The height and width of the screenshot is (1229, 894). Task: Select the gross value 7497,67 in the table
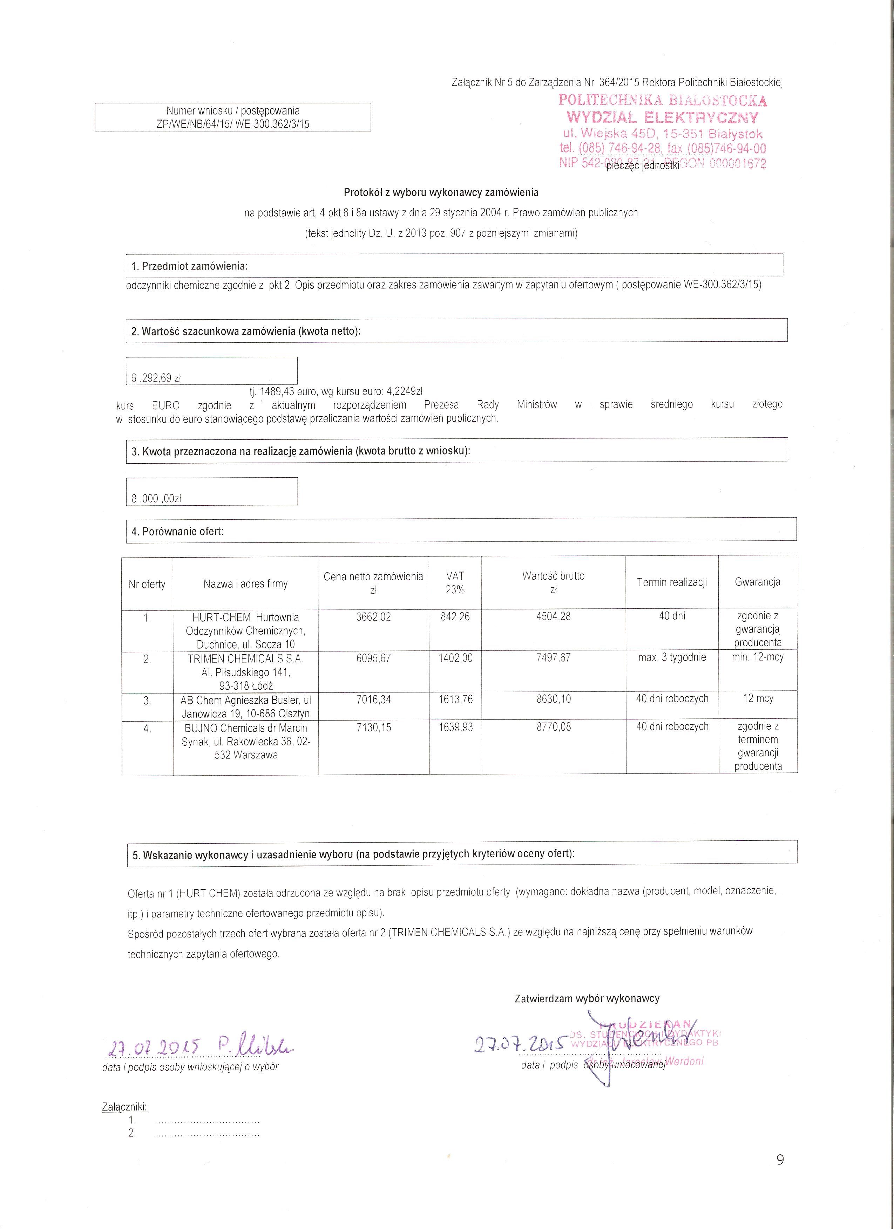click(x=553, y=658)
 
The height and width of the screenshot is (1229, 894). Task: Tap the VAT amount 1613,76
click(x=455, y=699)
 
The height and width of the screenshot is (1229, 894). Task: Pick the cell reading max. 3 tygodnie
click(x=672, y=658)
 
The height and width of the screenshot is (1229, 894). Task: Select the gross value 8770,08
click(x=553, y=727)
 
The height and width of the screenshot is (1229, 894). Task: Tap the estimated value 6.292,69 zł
click(x=156, y=378)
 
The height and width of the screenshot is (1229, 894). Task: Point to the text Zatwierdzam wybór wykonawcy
click(x=587, y=998)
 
